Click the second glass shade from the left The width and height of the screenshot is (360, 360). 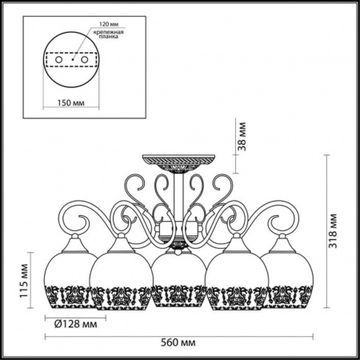[121, 278]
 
